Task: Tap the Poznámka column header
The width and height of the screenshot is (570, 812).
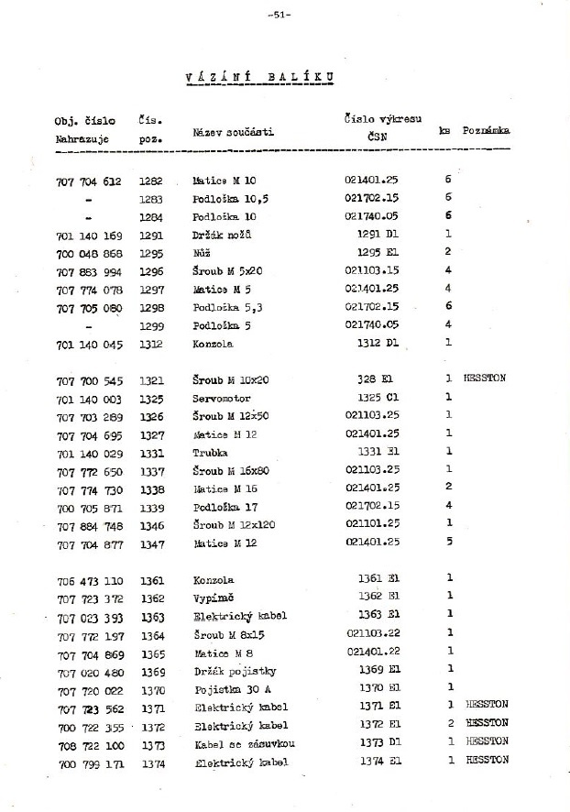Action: point(487,131)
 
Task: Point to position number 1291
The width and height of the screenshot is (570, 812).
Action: point(151,234)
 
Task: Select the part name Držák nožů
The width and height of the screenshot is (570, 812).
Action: point(222,234)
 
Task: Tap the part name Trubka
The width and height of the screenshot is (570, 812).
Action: point(211,453)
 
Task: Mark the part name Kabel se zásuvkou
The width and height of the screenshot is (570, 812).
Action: point(244,742)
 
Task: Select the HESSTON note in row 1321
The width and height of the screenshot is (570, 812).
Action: point(486,378)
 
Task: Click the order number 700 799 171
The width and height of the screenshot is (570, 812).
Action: point(89,763)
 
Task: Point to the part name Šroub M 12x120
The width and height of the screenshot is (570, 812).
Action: point(235,525)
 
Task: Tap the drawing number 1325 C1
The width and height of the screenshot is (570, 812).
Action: point(378,397)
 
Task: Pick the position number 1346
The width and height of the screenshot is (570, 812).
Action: point(151,525)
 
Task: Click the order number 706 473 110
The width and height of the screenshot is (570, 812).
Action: point(89,580)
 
